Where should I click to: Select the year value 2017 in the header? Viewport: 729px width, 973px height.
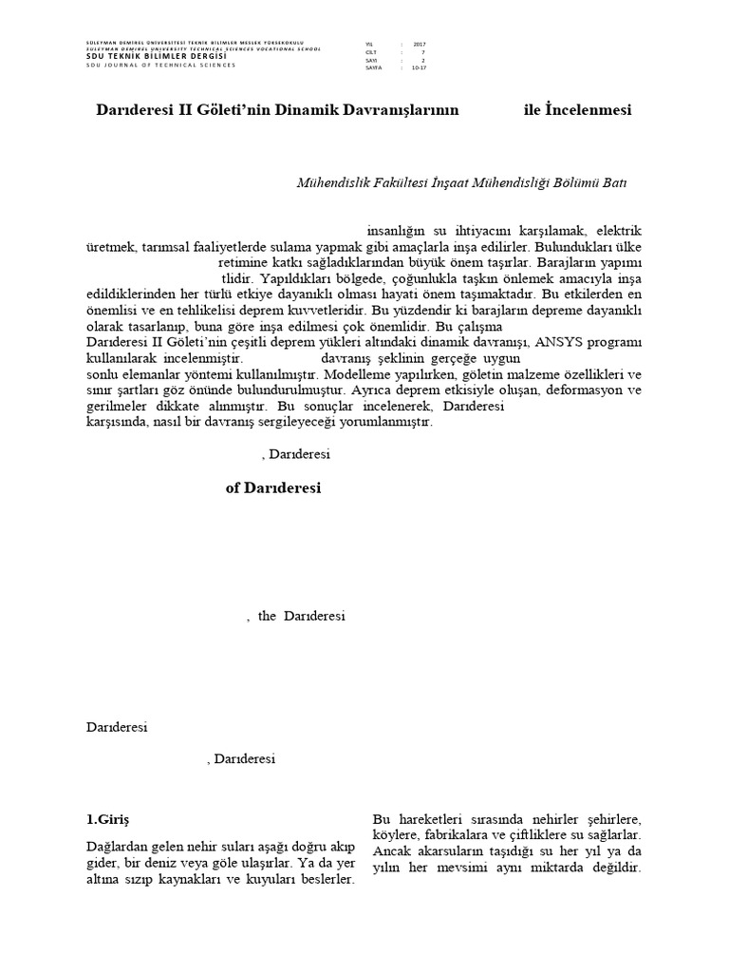pos(420,45)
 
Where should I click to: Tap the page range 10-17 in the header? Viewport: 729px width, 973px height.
pos(420,68)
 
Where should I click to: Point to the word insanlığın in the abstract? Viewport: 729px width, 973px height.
pos(396,231)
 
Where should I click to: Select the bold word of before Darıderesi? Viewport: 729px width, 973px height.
pos(233,488)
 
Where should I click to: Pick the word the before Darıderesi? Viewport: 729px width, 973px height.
pos(267,616)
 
